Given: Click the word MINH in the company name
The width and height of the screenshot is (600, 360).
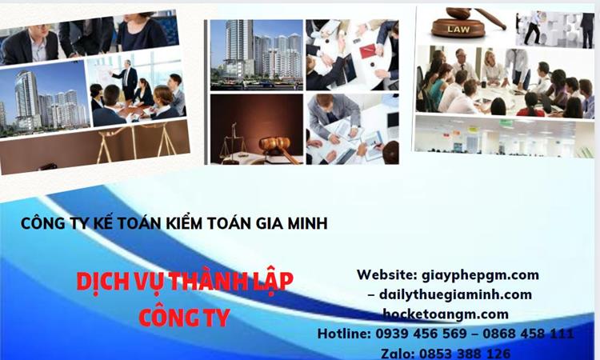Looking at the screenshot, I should [x=302, y=224].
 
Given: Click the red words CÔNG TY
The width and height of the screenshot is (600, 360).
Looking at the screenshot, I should [x=184, y=317].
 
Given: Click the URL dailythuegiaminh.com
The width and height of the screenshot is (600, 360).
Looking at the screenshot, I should [x=457, y=294].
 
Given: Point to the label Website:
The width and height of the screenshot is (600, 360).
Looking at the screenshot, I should [x=386, y=274].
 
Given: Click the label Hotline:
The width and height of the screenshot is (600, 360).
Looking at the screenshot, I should [x=344, y=334].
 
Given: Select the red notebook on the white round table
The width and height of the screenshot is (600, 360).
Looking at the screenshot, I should [x=367, y=51].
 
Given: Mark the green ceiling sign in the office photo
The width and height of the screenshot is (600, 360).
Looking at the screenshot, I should [x=506, y=123].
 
